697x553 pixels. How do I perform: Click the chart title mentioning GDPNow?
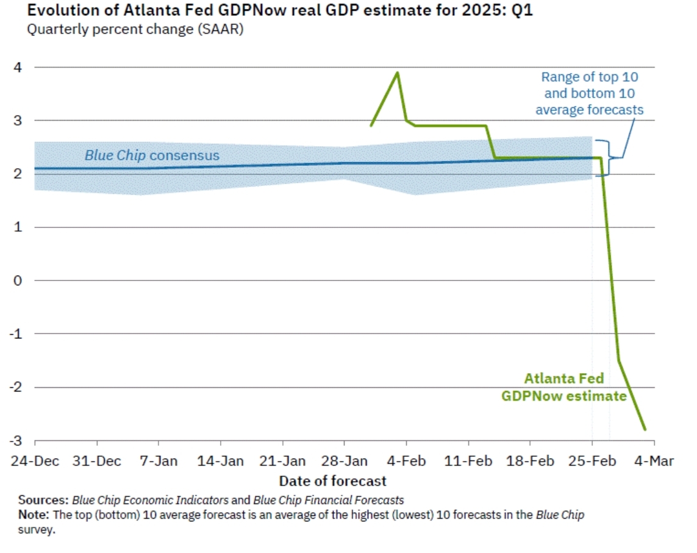271,11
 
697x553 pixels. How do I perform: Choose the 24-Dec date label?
35,461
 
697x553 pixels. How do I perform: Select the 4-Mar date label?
654,461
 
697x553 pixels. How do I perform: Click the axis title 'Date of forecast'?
333,481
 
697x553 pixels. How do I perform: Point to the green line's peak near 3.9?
398,73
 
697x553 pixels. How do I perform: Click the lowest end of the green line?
645,429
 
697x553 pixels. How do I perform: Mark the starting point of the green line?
371,126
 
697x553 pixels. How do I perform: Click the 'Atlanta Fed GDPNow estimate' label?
564,387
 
